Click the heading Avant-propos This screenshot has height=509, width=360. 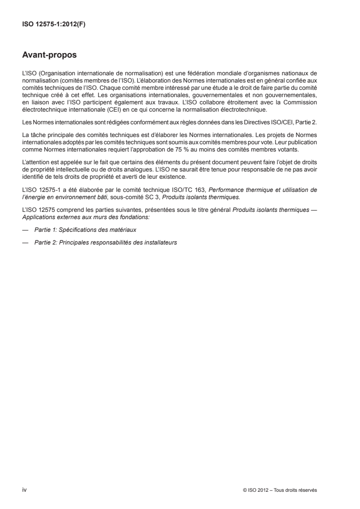coord(49,56)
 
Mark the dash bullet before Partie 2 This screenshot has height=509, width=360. coord(25,243)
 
